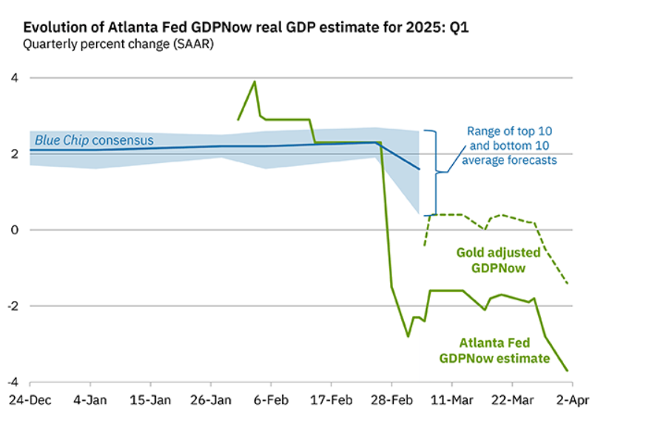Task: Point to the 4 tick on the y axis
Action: coord(13,78)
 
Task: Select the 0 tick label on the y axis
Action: coord(13,230)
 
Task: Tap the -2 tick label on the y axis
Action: coord(11,305)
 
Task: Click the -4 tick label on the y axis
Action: coord(11,382)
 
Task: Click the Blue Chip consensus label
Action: coord(93,140)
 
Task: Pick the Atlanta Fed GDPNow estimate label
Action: coord(494,351)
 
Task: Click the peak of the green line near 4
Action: coord(255,82)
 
